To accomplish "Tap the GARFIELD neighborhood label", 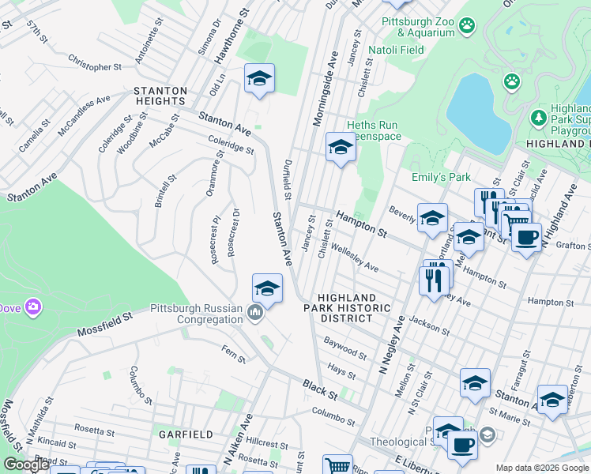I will [186, 434].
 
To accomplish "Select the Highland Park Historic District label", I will [347, 307].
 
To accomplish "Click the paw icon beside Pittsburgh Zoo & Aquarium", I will [469, 25].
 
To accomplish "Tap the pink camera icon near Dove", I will [32, 306].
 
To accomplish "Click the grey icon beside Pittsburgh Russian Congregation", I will [254, 314].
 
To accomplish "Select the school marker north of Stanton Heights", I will [259, 79].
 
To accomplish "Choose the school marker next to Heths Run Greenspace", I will [341, 147].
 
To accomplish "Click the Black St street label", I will [320, 388].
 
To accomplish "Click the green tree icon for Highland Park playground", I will [539, 118].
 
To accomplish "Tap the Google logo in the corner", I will [26, 465].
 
